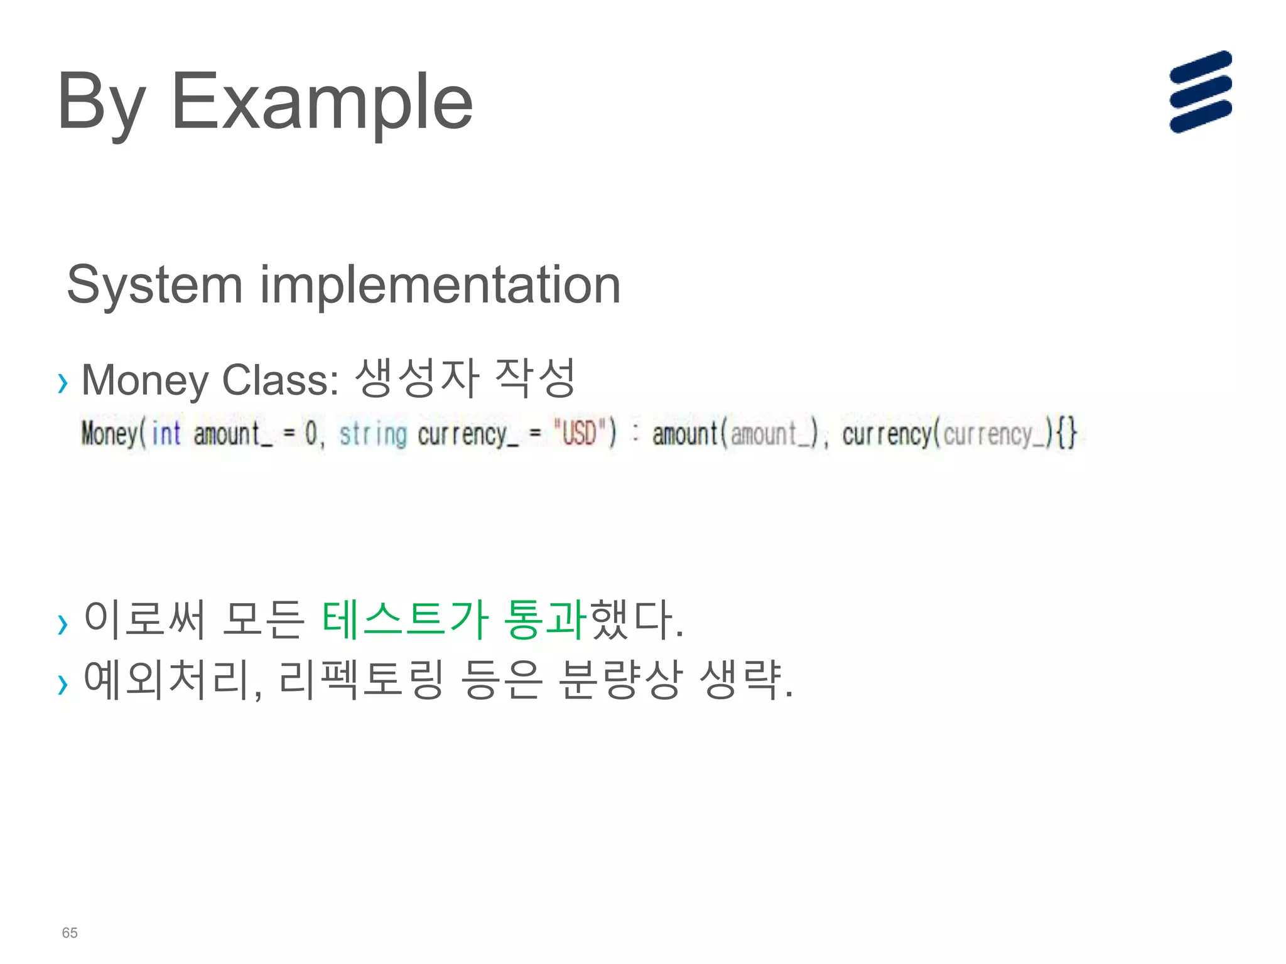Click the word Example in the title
click(x=321, y=102)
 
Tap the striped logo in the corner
click(x=1200, y=92)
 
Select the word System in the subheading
click(x=154, y=286)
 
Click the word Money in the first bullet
click(x=145, y=380)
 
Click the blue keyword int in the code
click(x=166, y=434)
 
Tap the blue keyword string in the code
click(x=373, y=434)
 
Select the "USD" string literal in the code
click(x=578, y=432)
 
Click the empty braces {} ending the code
click(x=1067, y=432)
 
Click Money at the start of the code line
click(x=109, y=434)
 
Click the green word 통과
click(x=546, y=619)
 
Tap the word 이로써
click(x=144, y=619)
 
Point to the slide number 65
click(x=70, y=933)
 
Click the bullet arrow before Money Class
click(x=62, y=382)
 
